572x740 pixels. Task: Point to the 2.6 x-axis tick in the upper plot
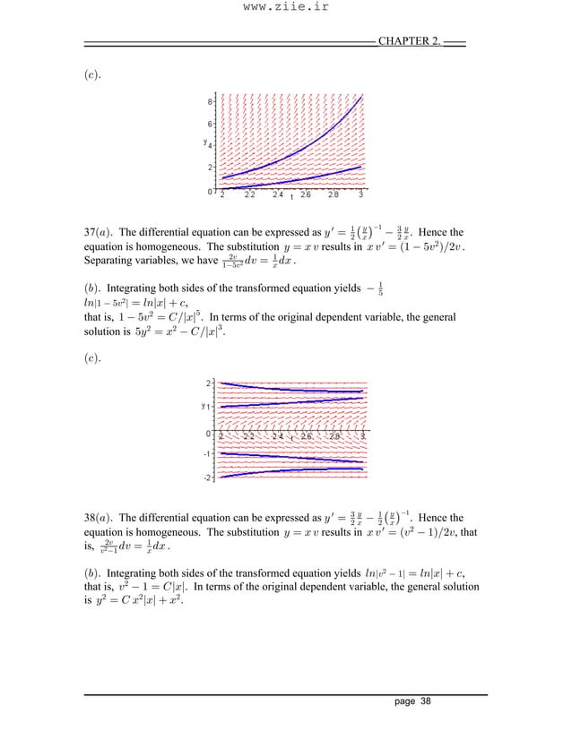click(x=306, y=194)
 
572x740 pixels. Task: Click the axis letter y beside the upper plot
click(x=204, y=142)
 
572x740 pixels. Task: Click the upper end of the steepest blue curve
click(x=360, y=98)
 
